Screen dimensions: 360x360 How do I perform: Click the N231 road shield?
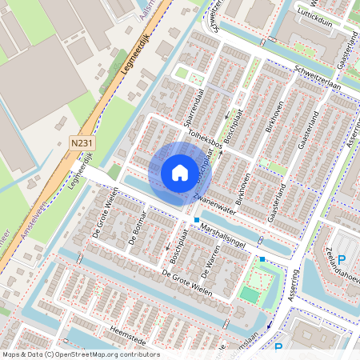80,142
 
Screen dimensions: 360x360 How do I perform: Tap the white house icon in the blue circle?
180,173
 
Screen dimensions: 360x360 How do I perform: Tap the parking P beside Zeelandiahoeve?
342,259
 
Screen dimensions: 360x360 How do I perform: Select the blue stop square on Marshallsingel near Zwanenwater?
196,220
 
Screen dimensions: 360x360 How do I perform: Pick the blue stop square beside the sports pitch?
262,258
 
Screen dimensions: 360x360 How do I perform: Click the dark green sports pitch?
250,295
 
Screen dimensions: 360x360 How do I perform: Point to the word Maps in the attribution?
11,354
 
